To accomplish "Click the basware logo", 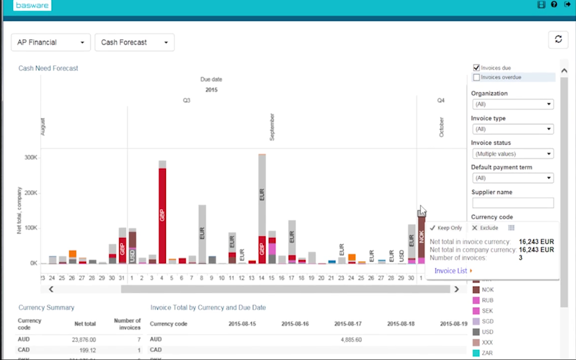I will [32, 6].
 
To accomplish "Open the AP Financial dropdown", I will [51, 42].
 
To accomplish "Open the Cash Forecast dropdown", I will [134, 42].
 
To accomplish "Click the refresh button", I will [558, 39].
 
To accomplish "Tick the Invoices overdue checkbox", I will [476, 77].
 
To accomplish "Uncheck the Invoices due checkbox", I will [476, 67].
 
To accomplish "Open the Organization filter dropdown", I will [513, 104].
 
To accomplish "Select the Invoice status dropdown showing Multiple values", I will [513, 154].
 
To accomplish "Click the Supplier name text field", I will [513, 203].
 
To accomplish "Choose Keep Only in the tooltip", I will [446, 228].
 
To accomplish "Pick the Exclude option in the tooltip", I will [485, 228].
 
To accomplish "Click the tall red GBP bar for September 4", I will [162, 213].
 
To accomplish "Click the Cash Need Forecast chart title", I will [48, 68].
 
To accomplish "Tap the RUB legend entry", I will [487, 300].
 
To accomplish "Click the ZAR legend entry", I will [487, 353].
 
